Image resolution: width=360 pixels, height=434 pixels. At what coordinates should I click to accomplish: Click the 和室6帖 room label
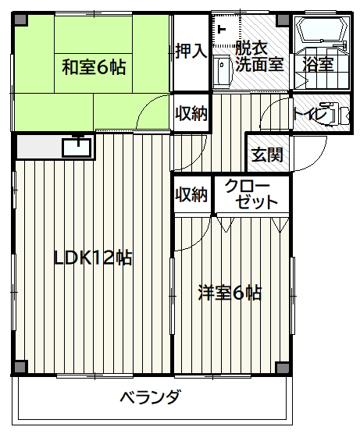pyautogui.click(x=94, y=67)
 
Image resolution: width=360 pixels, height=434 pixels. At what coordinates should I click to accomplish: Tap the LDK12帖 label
pyautogui.click(x=92, y=258)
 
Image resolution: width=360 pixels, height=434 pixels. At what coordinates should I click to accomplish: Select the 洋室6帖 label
pyautogui.click(x=230, y=293)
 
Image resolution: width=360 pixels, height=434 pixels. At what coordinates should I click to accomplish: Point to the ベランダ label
pyautogui.click(x=151, y=397)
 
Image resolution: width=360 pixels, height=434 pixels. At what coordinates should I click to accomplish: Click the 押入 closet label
pyautogui.click(x=191, y=51)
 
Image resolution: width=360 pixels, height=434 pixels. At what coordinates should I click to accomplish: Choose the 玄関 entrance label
pyautogui.click(x=267, y=155)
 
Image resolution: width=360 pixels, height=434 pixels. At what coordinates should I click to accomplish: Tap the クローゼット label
pyautogui.click(x=251, y=194)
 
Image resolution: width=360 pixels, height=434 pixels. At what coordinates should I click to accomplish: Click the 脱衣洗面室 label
pyautogui.click(x=259, y=56)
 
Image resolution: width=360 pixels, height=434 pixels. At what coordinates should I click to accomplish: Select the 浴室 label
pyautogui.click(x=318, y=64)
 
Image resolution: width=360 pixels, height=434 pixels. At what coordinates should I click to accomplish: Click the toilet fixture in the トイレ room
pyautogui.click(x=334, y=113)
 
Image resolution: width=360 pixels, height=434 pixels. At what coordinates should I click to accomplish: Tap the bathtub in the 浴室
pyautogui.click(x=322, y=30)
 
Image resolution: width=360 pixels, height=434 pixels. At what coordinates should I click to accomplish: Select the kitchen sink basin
pyautogui.click(x=77, y=148)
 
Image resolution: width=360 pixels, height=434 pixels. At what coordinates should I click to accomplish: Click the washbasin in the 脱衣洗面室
pyautogui.click(x=222, y=70)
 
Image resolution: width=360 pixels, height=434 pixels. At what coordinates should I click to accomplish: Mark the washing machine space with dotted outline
pyautogui.click(x=226, y=30)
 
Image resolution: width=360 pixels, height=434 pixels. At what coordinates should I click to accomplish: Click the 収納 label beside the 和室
pyautogui.click(x=191, y=113)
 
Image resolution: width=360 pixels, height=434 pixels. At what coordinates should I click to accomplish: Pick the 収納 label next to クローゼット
pyautogui.click(x=191, y=194)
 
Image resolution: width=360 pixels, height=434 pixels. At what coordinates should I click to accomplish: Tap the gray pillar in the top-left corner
pyautogui.click(x=20, y=20)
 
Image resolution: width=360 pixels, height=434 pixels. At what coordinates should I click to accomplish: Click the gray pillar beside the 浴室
pyautogui.click(x=283, y=20)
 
